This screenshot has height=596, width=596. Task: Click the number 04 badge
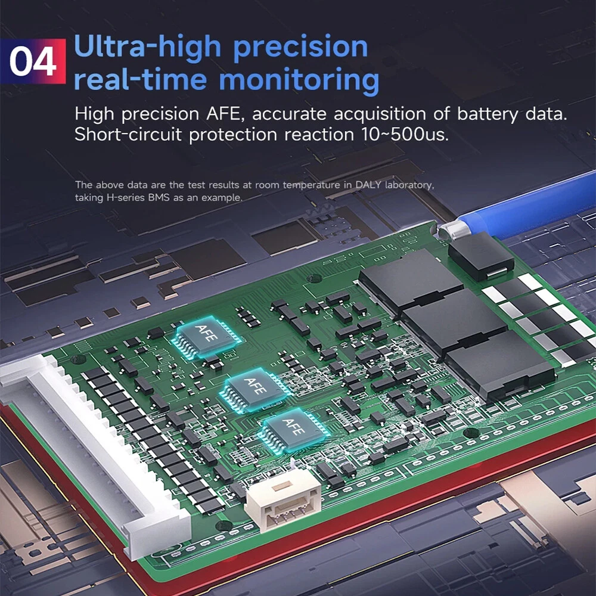tap(33, 61)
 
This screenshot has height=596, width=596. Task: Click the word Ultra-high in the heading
tap(147, 47)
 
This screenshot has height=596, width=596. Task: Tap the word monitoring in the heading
tap(299, 81)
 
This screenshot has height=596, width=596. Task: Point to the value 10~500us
tap(405, 134)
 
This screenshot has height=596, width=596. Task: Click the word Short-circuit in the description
tap(128, 134)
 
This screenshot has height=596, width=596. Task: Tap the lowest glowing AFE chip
tap(293, 431)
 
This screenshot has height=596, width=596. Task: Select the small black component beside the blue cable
tap(481, 256)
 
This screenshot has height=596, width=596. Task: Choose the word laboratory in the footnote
tap(409, 185)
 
